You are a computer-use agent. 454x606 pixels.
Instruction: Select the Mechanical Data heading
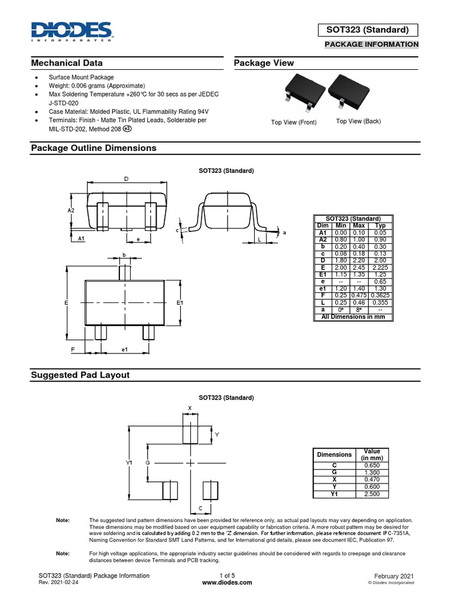coord(67,63)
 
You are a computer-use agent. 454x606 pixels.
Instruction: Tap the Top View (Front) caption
coord(294,123)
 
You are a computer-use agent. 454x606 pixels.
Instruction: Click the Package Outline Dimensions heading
coord(93,148)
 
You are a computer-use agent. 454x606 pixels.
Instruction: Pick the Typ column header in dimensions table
coord(380,225)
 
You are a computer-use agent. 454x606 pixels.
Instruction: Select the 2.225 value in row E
coord(380,267)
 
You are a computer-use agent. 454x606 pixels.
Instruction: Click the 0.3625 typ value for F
coord(380,295)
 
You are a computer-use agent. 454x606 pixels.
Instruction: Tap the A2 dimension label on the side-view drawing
coord(71,211)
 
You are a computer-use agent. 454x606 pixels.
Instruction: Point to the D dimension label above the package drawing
coord(126,179)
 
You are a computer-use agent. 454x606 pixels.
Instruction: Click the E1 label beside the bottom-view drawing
coord(181,302)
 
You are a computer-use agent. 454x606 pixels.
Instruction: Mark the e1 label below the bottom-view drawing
coord(125,350)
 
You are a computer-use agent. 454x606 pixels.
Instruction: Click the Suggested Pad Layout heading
coord(80,375)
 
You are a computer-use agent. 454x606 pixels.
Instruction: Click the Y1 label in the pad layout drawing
coord(129,462)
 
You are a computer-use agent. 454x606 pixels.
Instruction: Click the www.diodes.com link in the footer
coord(227,582)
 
